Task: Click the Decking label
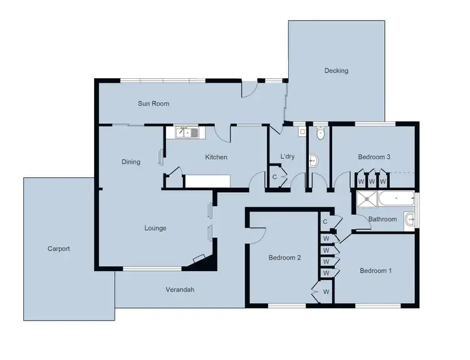pos(336,71)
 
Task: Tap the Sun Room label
pos(154,103)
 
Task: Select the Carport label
pos(58,249)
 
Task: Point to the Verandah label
pos(180,289)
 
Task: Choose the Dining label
pos(130,162)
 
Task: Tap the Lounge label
pos(155,228)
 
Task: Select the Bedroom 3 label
pos(374,157)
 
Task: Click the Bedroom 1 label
pos(375,270)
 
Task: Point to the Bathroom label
pos(382,219)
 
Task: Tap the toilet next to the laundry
pos(320,133)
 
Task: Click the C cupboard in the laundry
pos(274,177)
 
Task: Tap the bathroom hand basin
pos(409,219)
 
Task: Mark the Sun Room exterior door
pos(250,90)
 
